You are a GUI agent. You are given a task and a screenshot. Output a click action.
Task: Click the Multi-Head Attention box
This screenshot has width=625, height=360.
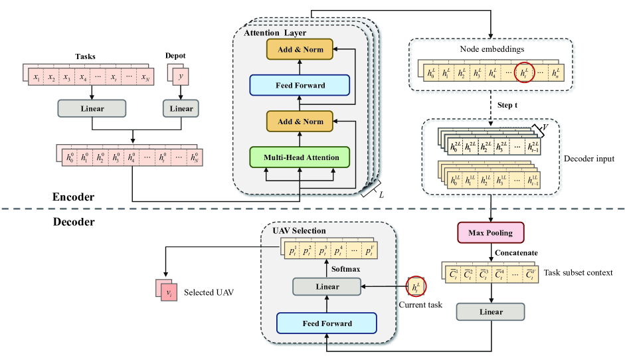pos(299,157)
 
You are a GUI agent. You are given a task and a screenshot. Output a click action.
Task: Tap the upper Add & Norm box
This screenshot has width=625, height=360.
pos(299,48)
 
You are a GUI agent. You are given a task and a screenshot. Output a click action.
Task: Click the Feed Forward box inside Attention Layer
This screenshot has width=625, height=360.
pos(299,84)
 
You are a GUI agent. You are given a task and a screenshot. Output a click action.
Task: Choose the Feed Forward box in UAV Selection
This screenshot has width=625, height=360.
pos(326,323)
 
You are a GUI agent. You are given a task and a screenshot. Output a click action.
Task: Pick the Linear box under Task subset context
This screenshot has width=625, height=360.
pos(491,312)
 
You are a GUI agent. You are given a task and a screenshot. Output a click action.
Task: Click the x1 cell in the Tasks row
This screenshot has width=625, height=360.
pos(36,78)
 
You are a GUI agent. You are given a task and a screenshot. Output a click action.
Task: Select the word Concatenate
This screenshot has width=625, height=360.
pos(516,253)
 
